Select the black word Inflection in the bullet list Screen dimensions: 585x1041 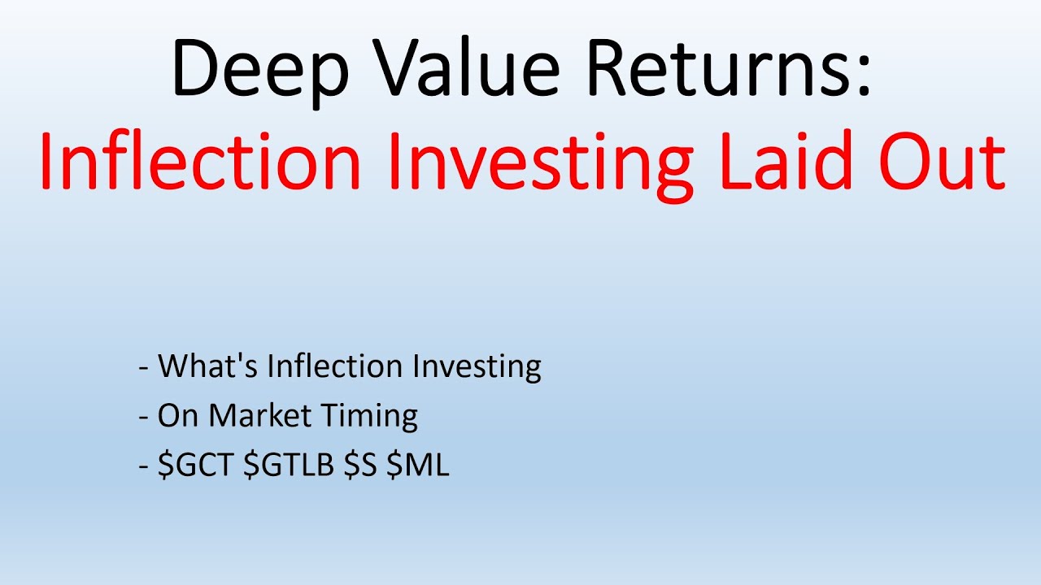pyautogui.click(x=336, y=366)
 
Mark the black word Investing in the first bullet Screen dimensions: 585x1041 pyautogui.click(x=477, y=366)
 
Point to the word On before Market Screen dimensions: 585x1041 pyautogui.click(x=179, y=416)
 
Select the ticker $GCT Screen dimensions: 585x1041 pyautogui.click(x=196, y=466)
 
